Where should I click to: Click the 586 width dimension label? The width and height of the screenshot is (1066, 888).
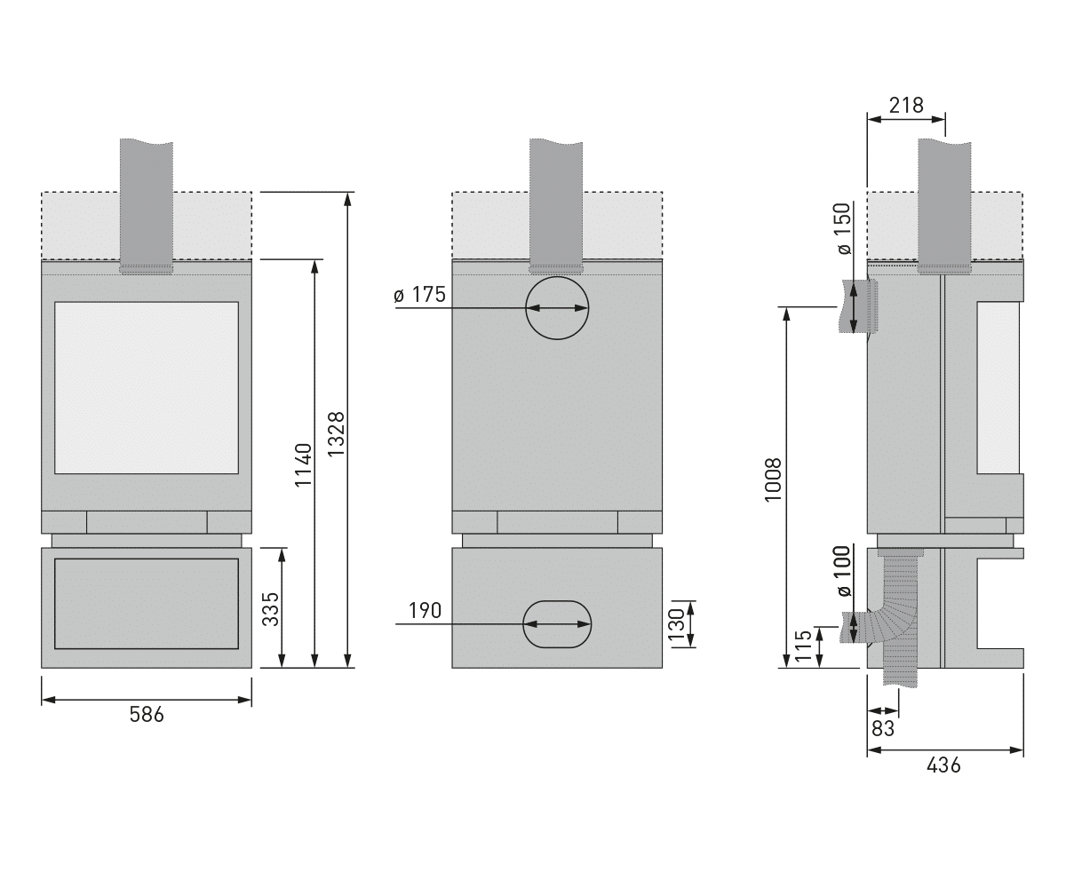147,715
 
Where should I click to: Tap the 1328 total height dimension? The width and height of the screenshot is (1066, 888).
337,434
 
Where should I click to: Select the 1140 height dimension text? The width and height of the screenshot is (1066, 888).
303,465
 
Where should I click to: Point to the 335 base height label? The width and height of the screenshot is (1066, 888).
271,609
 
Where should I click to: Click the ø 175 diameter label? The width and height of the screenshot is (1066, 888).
419,295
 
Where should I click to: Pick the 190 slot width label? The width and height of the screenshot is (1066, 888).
425,610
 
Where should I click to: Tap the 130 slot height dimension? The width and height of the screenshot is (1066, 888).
676,624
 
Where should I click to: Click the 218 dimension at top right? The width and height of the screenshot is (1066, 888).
906,106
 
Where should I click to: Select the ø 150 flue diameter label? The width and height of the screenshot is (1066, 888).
844,228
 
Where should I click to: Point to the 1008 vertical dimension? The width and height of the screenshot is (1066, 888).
773,480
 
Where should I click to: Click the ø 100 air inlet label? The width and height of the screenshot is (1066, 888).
844,571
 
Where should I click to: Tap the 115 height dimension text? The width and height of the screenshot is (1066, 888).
804,646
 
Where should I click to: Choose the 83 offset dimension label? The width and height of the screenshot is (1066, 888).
883,729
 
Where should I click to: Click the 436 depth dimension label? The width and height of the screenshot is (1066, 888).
943,765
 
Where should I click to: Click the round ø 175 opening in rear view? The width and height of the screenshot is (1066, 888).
557,277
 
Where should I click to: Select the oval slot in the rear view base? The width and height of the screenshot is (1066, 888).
557,601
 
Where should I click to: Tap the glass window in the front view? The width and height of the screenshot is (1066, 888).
147,388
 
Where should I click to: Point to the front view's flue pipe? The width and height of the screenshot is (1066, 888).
147,204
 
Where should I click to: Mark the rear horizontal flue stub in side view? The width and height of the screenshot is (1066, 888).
858,306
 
